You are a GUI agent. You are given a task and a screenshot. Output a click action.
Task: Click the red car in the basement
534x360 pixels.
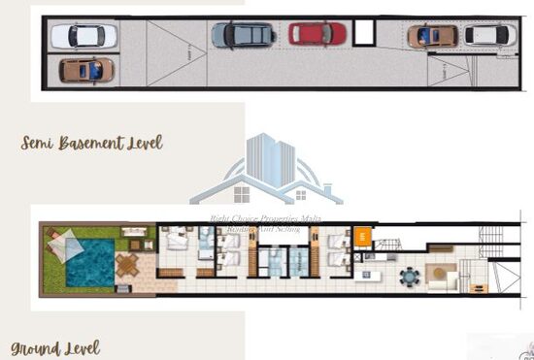click(x=317, y=34)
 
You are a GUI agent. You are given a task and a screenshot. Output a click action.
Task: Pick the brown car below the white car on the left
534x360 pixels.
click(x=85, y=70)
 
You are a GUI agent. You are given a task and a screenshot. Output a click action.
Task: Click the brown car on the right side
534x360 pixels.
click(x=432, y=36)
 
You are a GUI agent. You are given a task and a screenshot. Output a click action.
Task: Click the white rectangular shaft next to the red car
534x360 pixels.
click(x=364, y=32)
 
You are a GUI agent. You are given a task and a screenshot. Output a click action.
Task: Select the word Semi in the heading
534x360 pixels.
click(x=39, y=144)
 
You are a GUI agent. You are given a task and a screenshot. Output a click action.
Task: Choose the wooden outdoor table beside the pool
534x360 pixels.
click(x=128, y=264)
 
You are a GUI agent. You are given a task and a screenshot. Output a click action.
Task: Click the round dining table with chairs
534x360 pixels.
click(x=409, y=277)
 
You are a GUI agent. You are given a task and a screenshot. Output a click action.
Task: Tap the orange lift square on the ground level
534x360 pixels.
click(x=361, y=236)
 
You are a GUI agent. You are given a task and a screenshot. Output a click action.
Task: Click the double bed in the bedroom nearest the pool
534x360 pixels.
click(x=177, y=240)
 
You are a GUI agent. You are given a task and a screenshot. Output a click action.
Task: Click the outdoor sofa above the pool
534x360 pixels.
click(x=133, y=233)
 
